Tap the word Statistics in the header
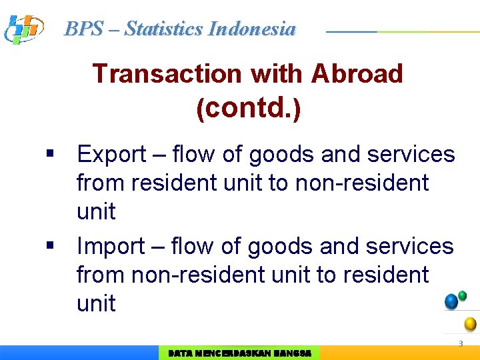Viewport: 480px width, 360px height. [x=164, y=29]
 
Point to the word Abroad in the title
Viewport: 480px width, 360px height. [x=357, y=73]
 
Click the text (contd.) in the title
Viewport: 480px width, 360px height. [x=248, y=107]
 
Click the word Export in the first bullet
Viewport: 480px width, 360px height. [x=112, y=155]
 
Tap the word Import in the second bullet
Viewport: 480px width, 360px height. [x=112, y=247]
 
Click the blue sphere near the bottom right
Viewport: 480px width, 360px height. [x=451, y=301]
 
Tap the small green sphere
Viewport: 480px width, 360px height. [x=463, y=295]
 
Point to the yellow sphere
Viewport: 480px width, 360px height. [x=470, y=324]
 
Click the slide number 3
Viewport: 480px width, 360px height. [x=460, y=344]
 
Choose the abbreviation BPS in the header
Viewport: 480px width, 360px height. [x=84, y=29]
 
